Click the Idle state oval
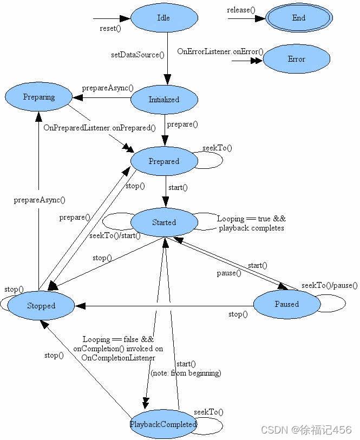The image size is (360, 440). coord(163,18)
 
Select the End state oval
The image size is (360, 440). coord(299,18)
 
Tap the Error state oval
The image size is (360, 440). coord(296,59)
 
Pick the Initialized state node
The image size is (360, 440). coord(164,100)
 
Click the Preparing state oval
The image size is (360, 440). coord(39,97)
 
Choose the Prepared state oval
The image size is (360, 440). coord(164,161)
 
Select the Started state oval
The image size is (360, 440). coord(164,222)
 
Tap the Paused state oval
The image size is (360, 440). coord(286,304)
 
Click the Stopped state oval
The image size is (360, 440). coord(41,306)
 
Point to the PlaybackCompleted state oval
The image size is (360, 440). coord(163,425)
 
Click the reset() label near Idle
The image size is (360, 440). coord(110,28)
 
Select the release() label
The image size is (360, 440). coord(242,10)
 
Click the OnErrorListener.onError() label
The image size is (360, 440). coord(220,51)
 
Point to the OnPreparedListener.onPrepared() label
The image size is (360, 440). coord(100,128)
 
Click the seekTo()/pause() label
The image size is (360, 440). coord(330,285)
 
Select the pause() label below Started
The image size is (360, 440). coord(230,273)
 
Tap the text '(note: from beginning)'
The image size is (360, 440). coord(186,373)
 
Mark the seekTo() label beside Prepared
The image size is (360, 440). coord(217,148)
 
